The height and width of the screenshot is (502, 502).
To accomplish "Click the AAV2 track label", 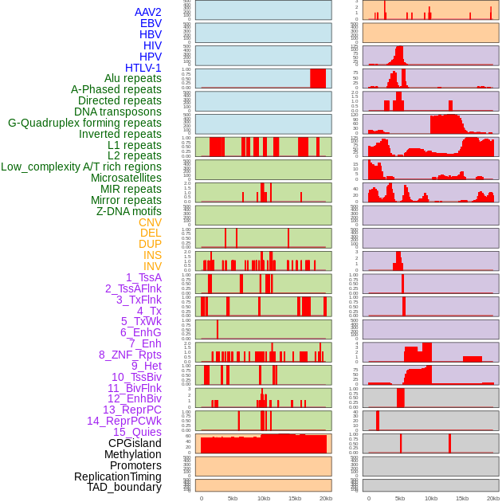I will (x=148, y=12).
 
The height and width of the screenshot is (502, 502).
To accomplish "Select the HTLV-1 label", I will (x=143, y=68).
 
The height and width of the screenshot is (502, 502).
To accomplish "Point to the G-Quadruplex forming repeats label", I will (x=84, y=123).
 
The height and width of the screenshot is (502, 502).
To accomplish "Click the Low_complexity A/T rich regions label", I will (x=81, y=167).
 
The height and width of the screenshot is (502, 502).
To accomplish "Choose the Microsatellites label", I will (x=126, y=178).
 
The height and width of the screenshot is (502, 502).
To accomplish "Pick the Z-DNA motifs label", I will (x=128, y=211).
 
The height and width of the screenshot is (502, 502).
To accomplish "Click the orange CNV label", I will (x=150, y=222).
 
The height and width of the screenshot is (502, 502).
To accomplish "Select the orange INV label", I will (x=152, y=266).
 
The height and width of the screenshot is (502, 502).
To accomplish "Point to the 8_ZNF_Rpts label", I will (x=130, y=355).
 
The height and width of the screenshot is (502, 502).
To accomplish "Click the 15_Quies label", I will (x=137, y=432).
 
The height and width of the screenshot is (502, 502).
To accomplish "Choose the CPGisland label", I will (x=135, y=443).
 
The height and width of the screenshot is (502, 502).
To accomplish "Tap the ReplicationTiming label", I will (x=118, y=477).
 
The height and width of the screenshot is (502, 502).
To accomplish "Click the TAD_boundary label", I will (x=124, y=487).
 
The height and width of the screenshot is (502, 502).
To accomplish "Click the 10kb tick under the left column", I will (x=264, y=498).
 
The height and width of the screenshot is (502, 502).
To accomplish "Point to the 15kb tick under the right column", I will (x=462, y=498).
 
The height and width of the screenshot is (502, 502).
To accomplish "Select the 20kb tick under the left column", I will (x=326, y=498).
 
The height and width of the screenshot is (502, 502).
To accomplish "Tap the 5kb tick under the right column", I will (x=400, y=498).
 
